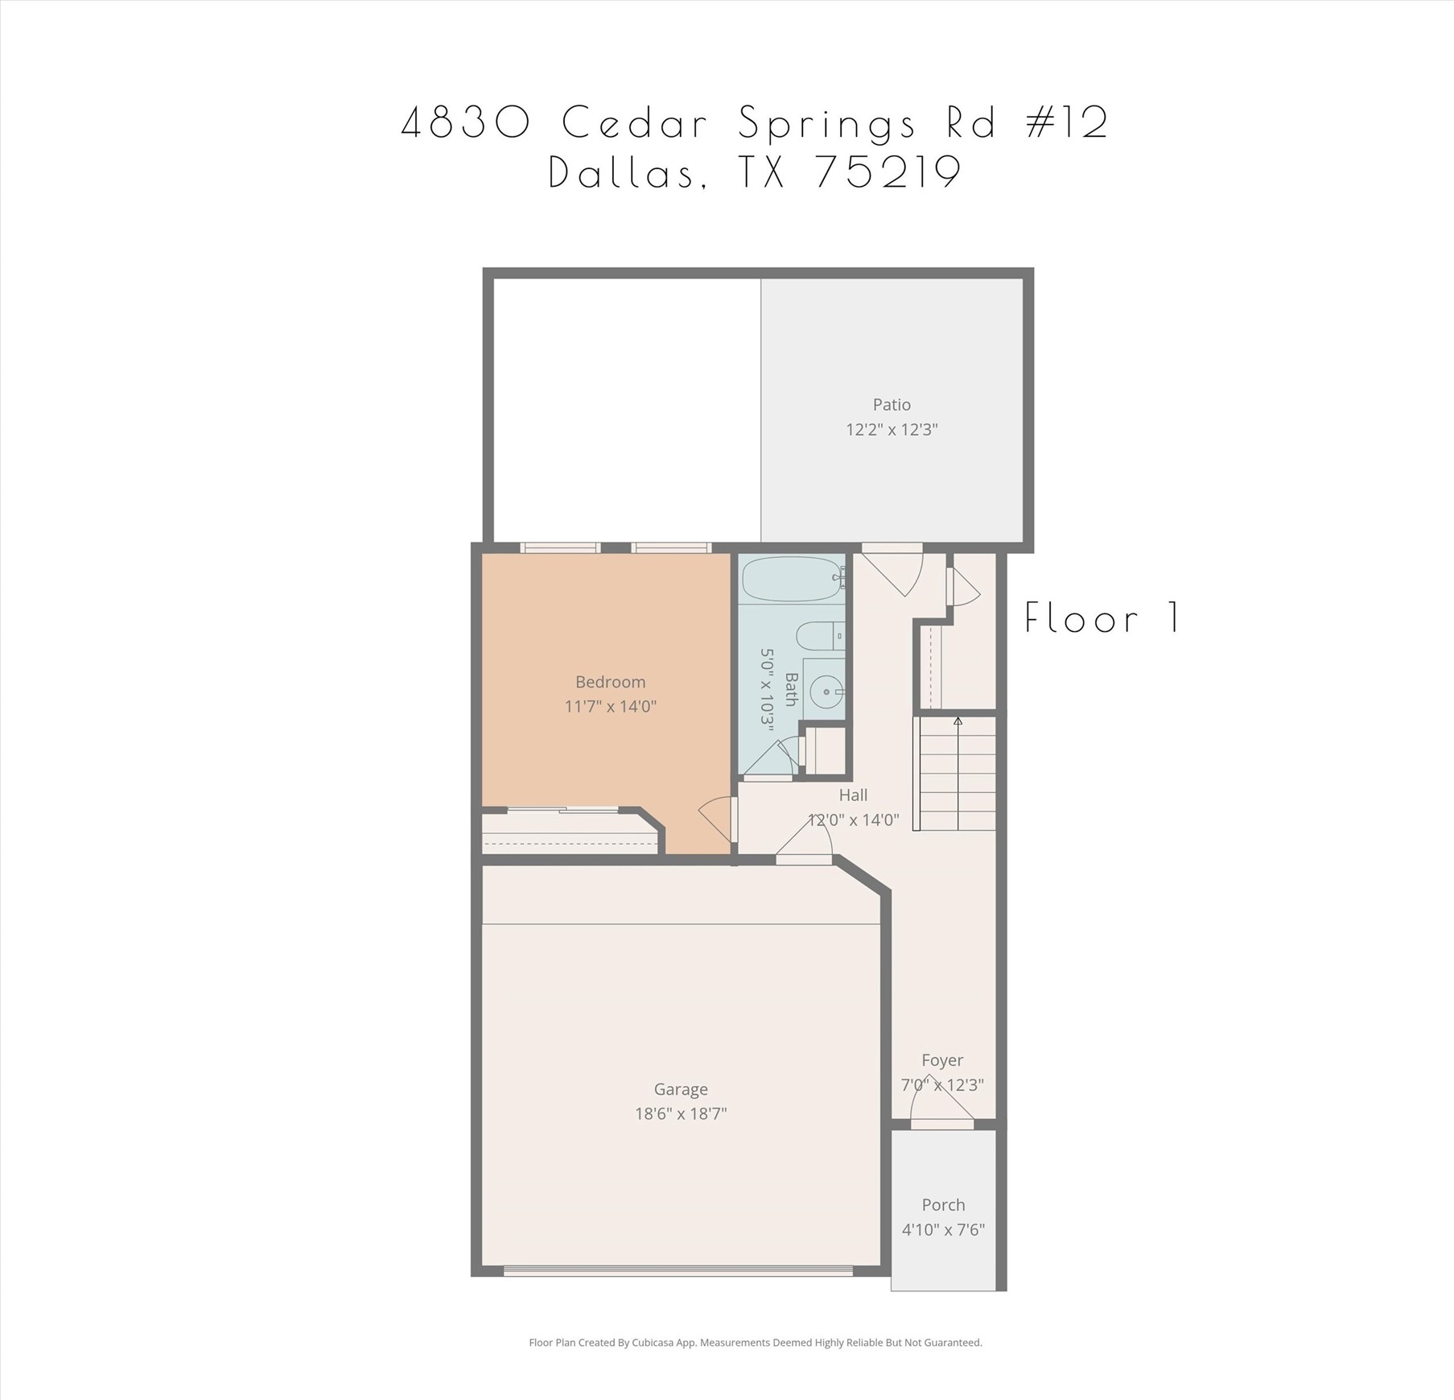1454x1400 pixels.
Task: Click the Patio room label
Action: [891, 404]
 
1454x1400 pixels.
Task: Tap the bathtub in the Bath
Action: [792, 579]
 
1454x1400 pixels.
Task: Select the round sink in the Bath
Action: [826, 691]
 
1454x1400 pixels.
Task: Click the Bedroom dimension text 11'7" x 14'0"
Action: [610, 707]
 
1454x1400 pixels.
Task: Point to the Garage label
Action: [681, 1089]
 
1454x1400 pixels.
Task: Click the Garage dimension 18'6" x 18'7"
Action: [681, 1113]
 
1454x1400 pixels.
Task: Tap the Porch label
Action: [943, 1204]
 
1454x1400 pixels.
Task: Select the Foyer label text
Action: [942, 1060]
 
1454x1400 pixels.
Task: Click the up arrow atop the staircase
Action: [958, 721]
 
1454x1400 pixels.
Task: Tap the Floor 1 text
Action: [1102, 618]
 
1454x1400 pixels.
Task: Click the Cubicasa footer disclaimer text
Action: [755, 1342]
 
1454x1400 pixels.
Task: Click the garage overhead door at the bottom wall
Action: [678, 1271]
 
